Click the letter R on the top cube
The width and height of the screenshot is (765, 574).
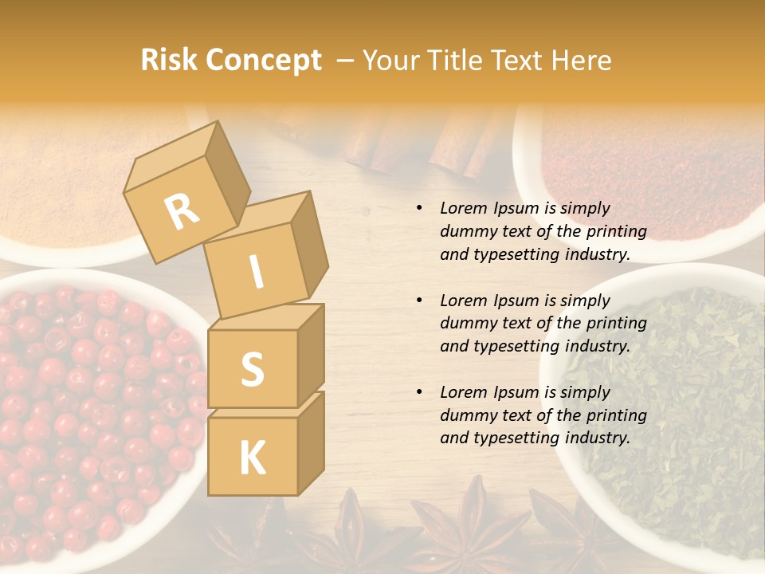tap(182, 211)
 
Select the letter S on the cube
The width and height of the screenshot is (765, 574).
tap(252, 369)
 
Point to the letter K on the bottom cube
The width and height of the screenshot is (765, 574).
tap(252, 458)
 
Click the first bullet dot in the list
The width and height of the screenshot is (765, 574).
tap(419, 208)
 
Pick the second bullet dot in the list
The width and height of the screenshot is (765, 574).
tap(419, 301)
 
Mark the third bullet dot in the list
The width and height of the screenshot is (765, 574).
tap(419, 392)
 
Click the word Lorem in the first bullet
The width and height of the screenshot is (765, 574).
tap(463, 208)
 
